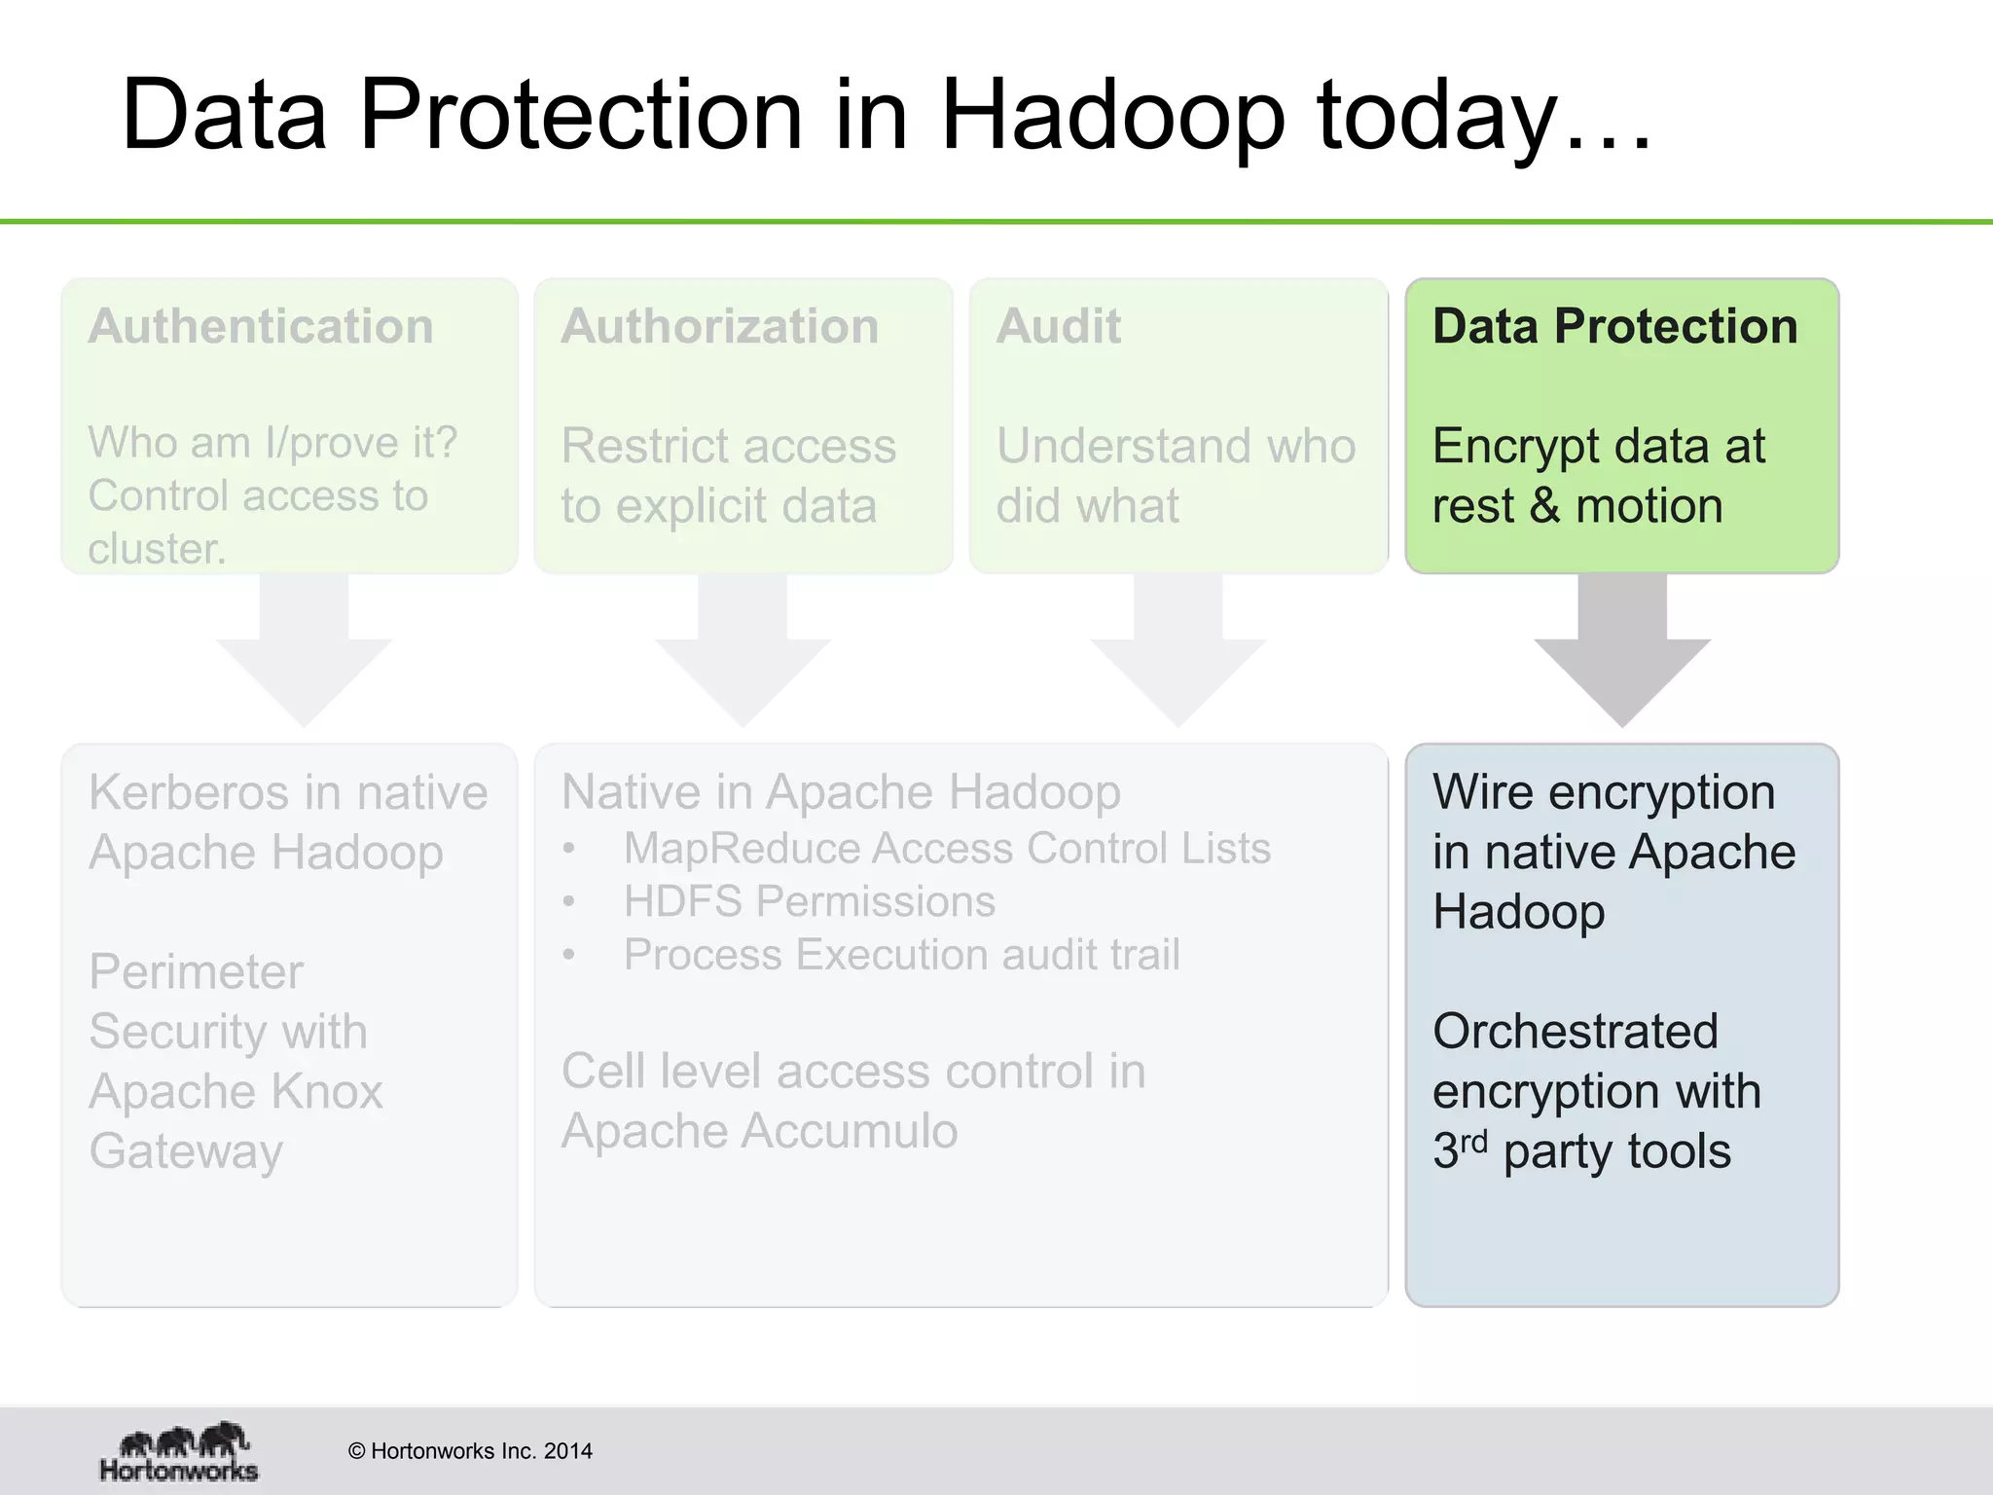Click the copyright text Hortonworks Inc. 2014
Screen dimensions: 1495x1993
[470, 1451]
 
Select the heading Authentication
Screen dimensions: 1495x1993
[261, 326]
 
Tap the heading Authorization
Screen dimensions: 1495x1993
[720, 326]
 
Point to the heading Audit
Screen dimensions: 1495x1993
[1059, 326]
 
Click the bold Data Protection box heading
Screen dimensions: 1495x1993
[1615, 326]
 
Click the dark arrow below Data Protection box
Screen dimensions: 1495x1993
[1622, 652]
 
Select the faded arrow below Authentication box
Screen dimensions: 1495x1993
[304, 652]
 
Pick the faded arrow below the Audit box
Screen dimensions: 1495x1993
[1178, 652]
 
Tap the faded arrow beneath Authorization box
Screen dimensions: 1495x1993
[743, 652]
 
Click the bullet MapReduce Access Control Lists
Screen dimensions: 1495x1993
[947, 849]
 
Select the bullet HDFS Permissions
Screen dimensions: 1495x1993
[809, 901]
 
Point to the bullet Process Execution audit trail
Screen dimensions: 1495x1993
[901, 955]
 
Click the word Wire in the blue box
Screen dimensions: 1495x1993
[1483, 792]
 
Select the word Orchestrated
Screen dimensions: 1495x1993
[1576, 1032]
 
